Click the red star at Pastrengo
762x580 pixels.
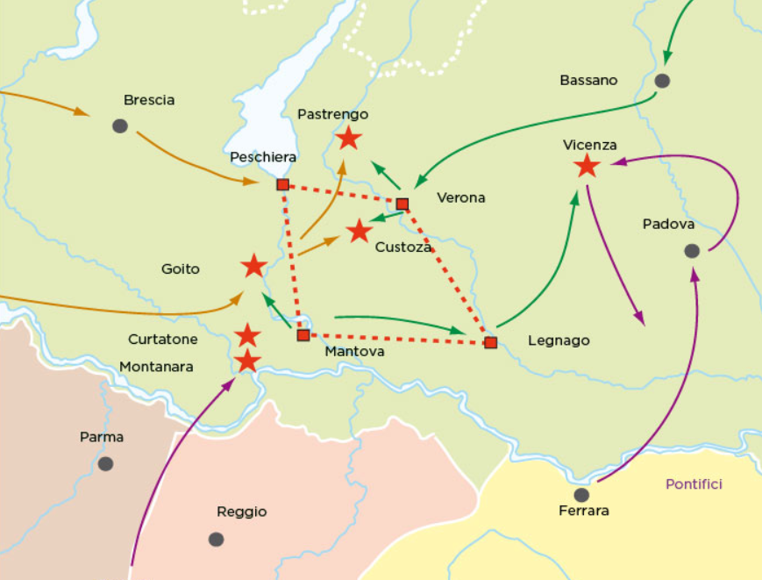[349, 138]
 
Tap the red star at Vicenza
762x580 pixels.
[587, 165]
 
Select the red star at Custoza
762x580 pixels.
[359, 232]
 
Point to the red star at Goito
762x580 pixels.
[253, 266]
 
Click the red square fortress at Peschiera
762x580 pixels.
[282, 184]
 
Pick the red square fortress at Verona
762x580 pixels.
[402, 204]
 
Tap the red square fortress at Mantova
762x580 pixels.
[303, 335]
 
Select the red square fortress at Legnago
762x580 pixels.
[490, 342]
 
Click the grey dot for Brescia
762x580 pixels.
[120, 126]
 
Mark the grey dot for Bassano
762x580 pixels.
[662, 81]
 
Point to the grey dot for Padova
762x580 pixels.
[692, 251]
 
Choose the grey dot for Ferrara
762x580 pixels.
[581, 495]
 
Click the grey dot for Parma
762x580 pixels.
[105, 463]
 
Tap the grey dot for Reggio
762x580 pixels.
[216, 539]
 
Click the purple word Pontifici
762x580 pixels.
[694, 483]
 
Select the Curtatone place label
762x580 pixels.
[163, 340]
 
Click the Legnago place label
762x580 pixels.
[559, 341]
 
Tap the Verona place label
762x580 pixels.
[461, 198]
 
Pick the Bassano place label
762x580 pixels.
[588, 81]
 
